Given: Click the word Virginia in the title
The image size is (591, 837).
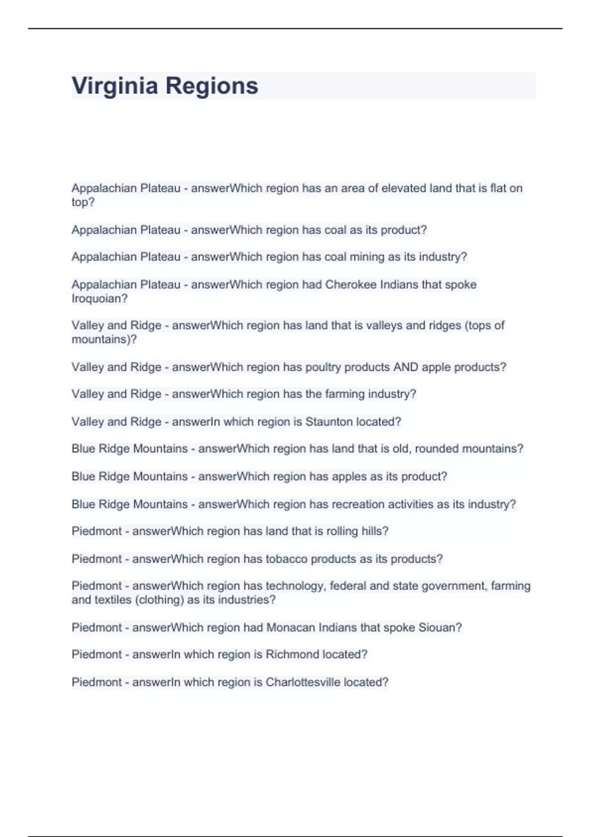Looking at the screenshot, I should coord(115,86).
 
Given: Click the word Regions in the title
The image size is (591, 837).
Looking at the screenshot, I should coord(211,86).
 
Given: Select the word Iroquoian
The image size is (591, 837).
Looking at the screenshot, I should coord(99,298).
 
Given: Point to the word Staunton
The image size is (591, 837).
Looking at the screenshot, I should coord(329,421).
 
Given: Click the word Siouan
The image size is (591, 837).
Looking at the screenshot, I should coord(440,627).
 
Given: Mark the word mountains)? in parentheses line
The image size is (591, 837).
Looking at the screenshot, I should coord(104,339).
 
